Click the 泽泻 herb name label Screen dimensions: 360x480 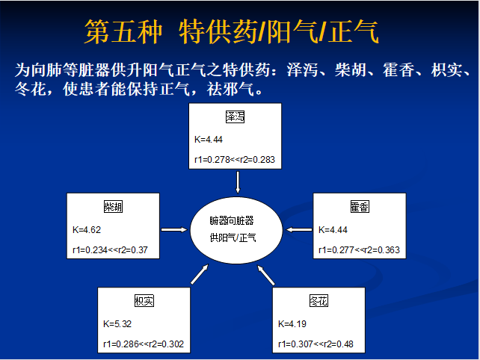tap(235, 118)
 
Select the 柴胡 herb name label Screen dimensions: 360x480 tap(113, 207)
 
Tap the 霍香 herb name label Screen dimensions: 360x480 tap(360, 207)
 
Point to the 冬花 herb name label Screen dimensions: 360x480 tap(319, 301)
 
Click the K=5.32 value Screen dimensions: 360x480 tap(118, 323)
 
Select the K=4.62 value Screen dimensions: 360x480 tap(87, 229)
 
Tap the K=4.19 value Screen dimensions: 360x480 tap(293, 323)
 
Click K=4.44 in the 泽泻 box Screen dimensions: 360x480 tap(209, 139)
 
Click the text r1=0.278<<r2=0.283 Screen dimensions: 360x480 tap(235, 160)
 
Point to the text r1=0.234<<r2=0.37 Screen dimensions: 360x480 tap(112, 250)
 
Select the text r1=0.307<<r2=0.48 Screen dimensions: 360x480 tap(316, 344)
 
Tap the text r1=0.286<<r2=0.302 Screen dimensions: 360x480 tap(143, 344)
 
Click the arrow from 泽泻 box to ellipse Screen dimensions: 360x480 tap(237, 181)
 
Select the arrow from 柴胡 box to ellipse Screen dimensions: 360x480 tap(173, 229)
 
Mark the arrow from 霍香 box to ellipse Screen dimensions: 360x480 tap(301, 229)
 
